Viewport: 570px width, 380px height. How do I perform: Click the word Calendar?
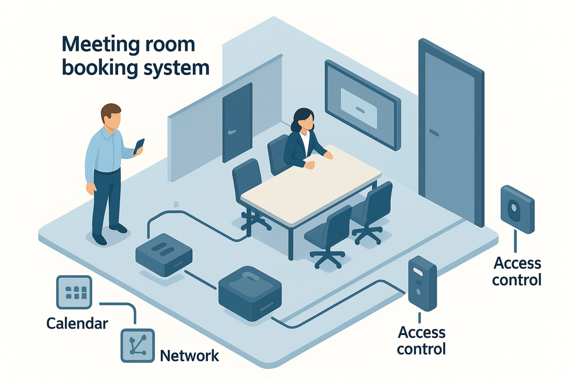tap(77, 324)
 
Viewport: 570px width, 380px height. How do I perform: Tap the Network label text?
tap(189, 356)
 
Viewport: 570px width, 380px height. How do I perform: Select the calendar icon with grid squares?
tap(74, 292)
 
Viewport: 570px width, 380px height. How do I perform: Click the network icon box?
tap(138, 346)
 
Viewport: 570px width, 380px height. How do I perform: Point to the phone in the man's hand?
tap(139, 146)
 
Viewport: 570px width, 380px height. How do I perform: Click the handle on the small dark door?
tap(232, 132)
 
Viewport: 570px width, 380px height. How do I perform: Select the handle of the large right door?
tap(434, 133)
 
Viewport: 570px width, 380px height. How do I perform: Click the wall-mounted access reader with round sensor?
tap(517, 210)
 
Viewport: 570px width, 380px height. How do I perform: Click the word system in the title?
tap(176, 68)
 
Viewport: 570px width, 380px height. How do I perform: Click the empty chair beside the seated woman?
tap(247, 177)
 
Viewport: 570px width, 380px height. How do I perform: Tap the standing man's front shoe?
tap(100, 239)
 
